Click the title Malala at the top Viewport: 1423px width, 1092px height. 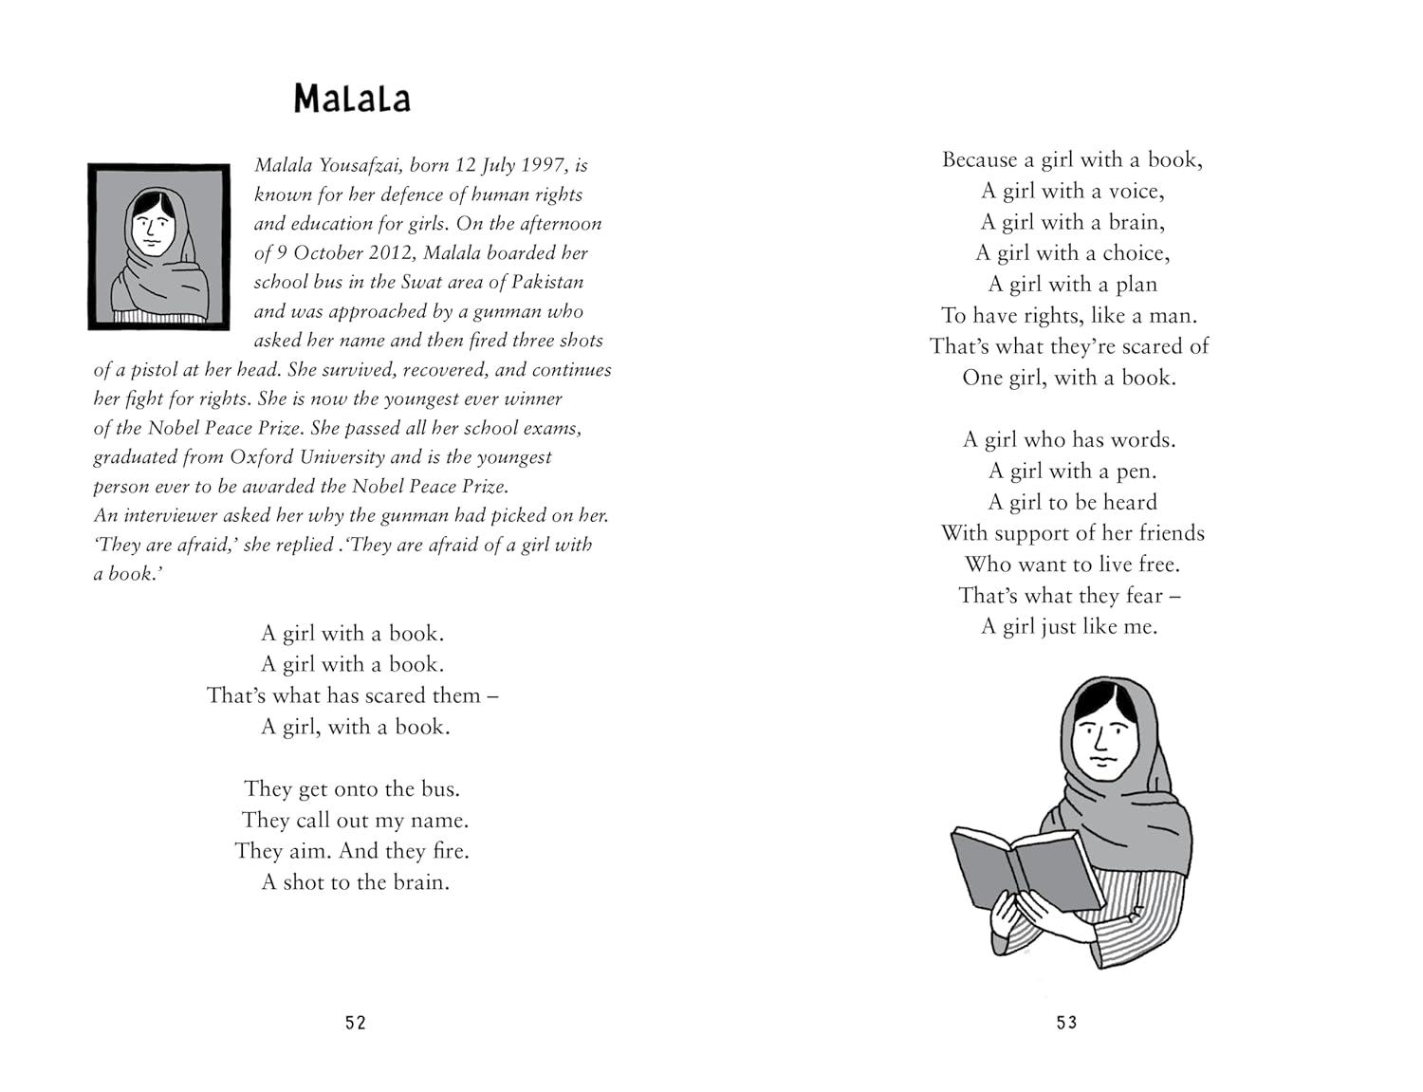coord(352,99)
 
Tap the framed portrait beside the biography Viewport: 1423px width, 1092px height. coord(158,247)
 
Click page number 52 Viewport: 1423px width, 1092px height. coord(356,1023)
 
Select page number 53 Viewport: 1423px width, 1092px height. coord(1067,1023)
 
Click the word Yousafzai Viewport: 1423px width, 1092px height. coord(360,165)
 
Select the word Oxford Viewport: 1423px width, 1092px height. coord(262,457)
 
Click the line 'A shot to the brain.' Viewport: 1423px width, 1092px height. coord(355,882)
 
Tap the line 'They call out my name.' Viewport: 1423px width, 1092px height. coord(355,820)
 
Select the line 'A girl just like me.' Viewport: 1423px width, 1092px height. coord(1069,626)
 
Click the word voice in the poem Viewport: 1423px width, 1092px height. coord(1134,192)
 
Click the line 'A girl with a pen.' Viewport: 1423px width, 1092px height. coord(1072,472)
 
